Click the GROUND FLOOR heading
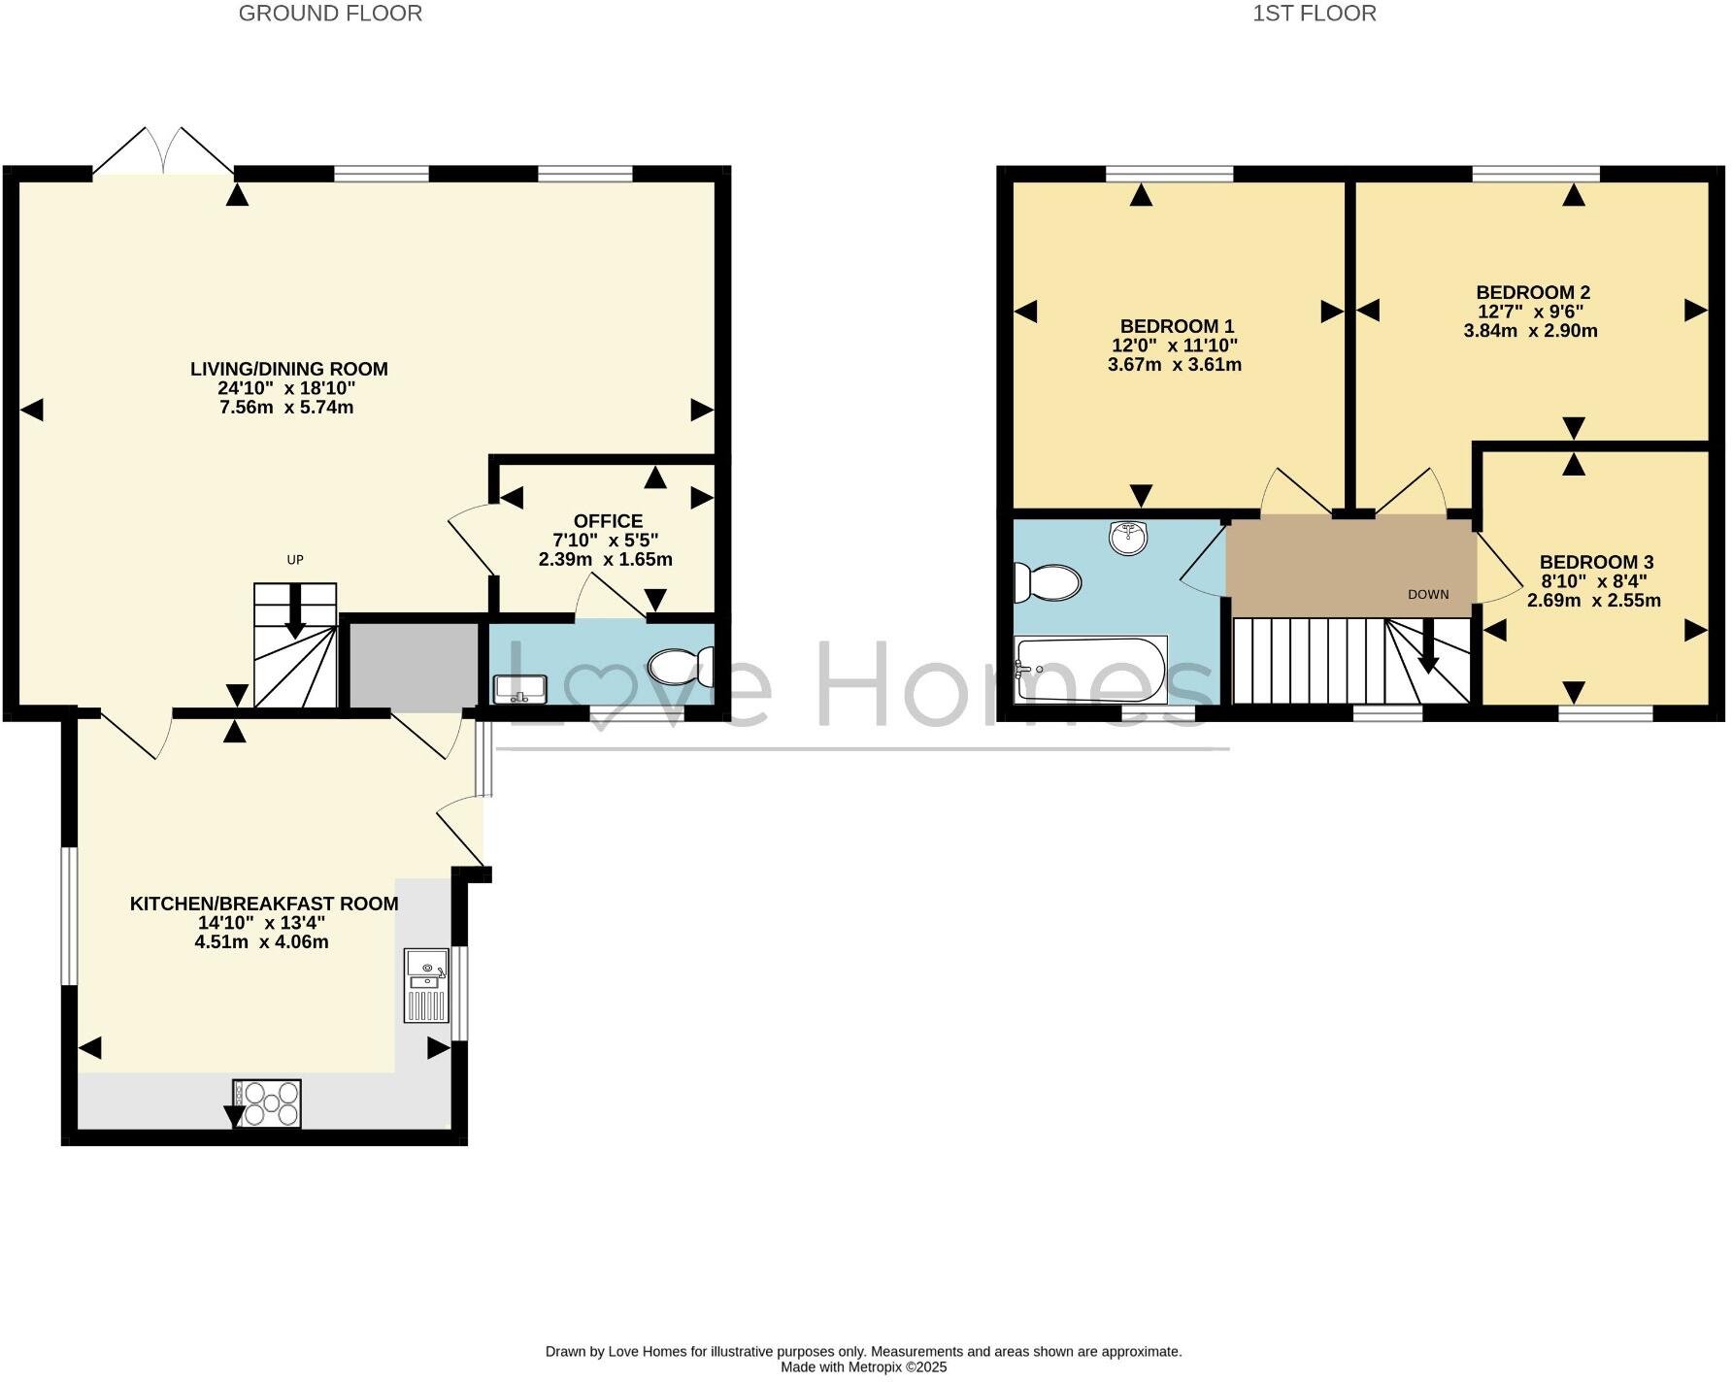330,14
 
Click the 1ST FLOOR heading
1314,14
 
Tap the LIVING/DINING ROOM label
288,369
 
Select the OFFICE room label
608,521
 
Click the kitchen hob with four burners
267,1103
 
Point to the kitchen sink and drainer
427,985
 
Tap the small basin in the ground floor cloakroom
520,689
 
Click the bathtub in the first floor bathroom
1089,669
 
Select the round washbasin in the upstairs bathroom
1127,538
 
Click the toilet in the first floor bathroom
1047,583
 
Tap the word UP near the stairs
295,560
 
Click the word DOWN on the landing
1428,595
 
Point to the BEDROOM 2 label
1532,292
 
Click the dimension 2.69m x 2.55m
1593,601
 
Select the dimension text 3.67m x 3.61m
1174,365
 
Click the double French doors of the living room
163,153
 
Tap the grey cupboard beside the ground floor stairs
414,665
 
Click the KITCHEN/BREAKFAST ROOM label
264,904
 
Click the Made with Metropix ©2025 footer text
863,1366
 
